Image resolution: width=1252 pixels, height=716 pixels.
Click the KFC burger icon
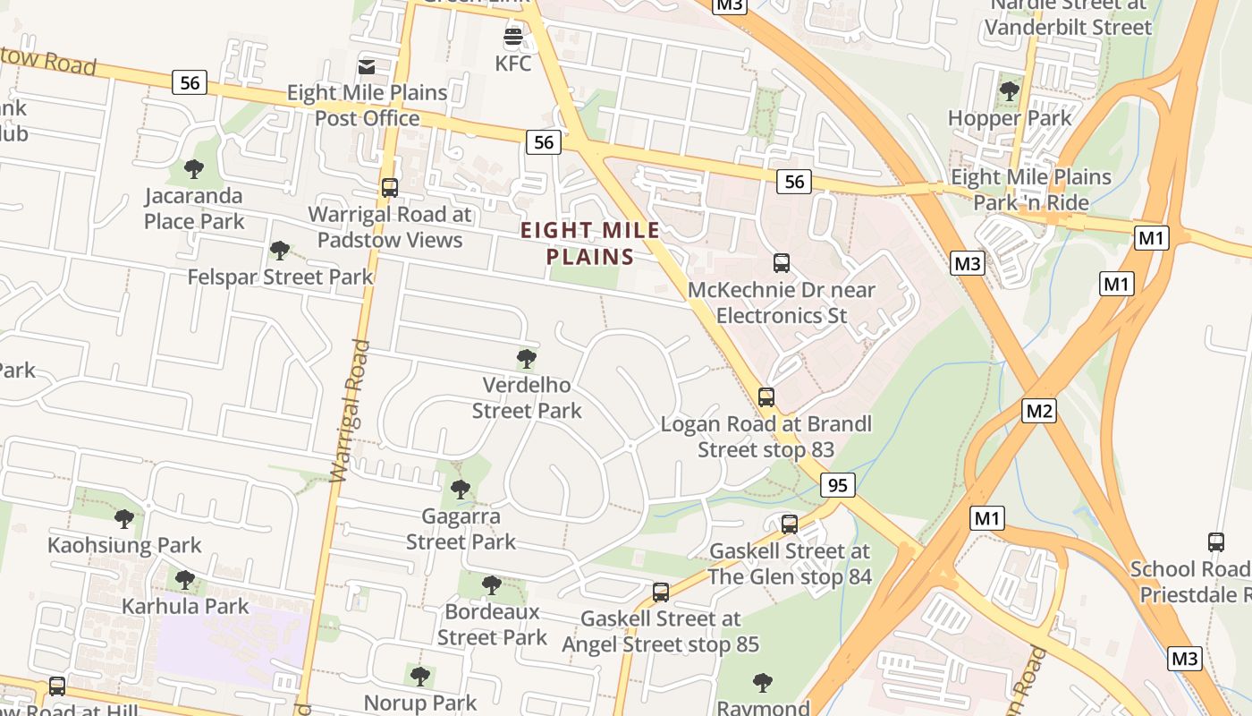pyautogui.click(x=512, y=38)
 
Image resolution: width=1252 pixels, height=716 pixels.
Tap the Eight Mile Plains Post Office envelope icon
pyautogui.click(x=367, y=66)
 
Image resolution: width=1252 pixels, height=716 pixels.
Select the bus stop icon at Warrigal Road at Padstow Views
pyautogui.click(x=390, y=188)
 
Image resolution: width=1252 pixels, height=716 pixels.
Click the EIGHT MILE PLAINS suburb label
pyautogui.click(x=590, y=243)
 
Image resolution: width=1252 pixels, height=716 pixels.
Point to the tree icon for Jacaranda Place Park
pyautogui.click(x=193, y=168)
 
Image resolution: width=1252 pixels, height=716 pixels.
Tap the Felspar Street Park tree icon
pyautogui.click(x=279, y=250)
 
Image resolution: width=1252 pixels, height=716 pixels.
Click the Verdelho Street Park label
pyautogui.click(x=527, y=398)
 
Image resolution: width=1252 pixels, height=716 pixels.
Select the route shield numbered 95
pyautogui.click(x=837, y=486)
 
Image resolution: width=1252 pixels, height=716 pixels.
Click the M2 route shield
pyautogui.click(x=1039, y=411)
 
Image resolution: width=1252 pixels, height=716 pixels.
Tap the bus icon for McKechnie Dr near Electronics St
pyautogui.click(x=782, y=263)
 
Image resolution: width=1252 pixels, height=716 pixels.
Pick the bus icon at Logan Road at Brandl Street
pyautogui.click(x=766, y=396)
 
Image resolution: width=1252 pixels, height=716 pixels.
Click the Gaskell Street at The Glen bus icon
pyautogui.click(x=789, y=524)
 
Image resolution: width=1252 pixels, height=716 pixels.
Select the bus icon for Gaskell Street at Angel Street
pyautogui.click(x=661, y=592)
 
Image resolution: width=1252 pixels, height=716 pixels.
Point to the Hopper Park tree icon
pyautogui.click(x=1009, y=90)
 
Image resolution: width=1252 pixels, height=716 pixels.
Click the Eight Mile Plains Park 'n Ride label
pyautogui.click(x=1030, y=190)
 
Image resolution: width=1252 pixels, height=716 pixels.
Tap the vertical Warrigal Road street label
pyautogui.click(x=350, y=412)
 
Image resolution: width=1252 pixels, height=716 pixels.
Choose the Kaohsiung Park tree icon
pyautogui.click(x=124, y=518)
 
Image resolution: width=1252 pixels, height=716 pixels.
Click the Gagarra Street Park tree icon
pyautogui.click(x=461, y=489)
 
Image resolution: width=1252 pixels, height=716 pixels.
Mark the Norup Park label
pyautogui.click(x=420, y=703)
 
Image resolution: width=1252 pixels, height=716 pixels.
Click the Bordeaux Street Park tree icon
pyautogui.click(x=491, y=585)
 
